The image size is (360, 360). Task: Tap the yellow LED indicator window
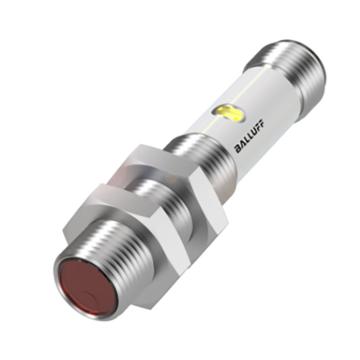(230, 113)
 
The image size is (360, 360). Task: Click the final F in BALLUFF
(260, 123)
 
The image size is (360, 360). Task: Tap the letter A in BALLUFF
(242, 144)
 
